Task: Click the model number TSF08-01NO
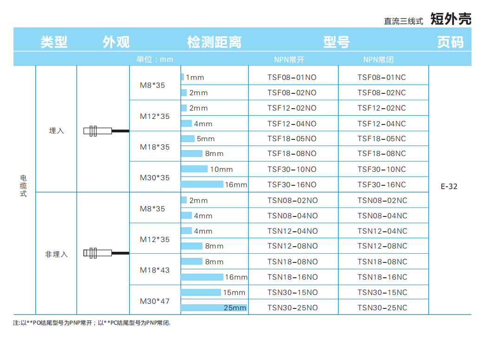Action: click(292, 77)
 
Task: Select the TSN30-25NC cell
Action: click(382, 308)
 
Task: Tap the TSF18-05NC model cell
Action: click(382, 138)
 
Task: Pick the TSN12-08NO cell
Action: click(293, 246)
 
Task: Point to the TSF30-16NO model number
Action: click(292, 184)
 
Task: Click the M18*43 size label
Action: click(155, 270)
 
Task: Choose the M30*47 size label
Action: click(155, 301)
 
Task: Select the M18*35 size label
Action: click(155, 147)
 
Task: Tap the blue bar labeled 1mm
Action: click(183, 77)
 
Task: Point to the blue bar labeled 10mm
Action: click(194, 169)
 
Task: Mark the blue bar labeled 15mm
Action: click(201, 292)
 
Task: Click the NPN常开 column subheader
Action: click(289, 59)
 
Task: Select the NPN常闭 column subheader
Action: click(378, 59)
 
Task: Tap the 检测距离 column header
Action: click(214, 42)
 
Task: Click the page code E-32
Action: click(449, 187)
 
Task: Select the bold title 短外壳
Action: click(451, 19)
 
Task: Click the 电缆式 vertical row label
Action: click(24, 186)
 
